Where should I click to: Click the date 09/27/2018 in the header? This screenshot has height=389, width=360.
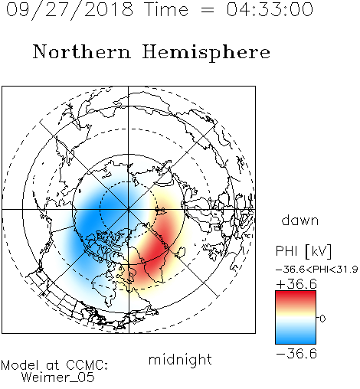click(70, 10)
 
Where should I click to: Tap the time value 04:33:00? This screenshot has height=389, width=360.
click(270, 9)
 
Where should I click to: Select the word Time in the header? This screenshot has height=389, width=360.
click(166, 9)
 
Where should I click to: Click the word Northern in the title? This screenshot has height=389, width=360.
click(82, 51)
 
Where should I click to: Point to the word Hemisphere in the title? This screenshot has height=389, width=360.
click(206, 53)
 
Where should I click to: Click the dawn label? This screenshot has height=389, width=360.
click(300, 220)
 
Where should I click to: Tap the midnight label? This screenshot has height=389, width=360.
click(180, 360)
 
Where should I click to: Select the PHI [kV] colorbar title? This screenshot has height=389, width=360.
click(303, 251)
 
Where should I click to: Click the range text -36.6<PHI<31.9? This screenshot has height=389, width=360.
click(316, 270)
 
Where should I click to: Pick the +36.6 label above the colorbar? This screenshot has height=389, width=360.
click(296, 284)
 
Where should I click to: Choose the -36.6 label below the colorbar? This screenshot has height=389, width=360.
click(296, 354)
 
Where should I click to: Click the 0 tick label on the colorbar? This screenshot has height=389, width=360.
click(322, 319)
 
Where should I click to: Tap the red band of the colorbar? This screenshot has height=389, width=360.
click(296, 296)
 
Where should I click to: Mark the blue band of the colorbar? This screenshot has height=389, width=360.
click(296, 338)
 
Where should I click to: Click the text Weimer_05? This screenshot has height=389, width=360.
click(57, 378)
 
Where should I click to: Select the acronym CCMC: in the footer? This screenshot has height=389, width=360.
click(87, 365)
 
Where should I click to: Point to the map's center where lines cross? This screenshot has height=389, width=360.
click(129, 209)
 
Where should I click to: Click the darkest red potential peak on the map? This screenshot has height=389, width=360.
click(156, 249)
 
